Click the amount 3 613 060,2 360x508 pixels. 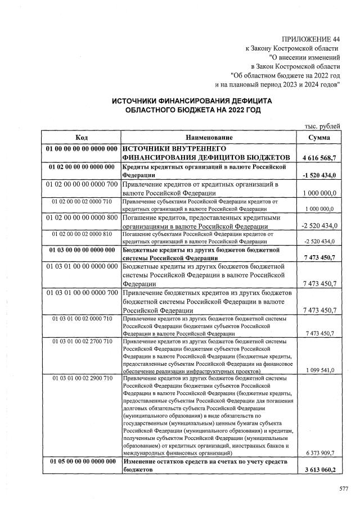pyautogui.click(x=319, y=470)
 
